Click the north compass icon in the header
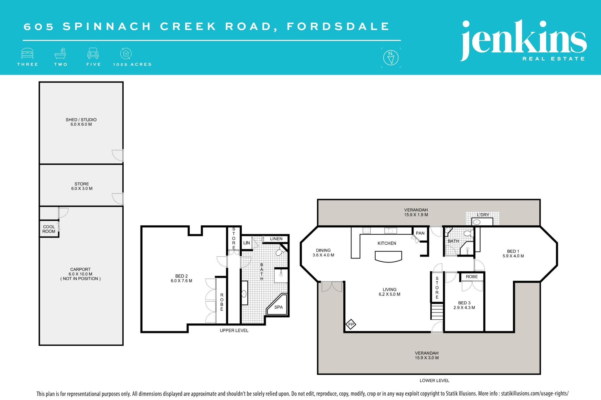click(x=391, y=57)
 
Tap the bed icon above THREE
click(x=27, y=53)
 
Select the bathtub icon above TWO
click(x=60, y=53)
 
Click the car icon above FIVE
click(x=93, y=53)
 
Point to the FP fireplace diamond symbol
click(x=351, y=324)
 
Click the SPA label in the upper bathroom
click(x=278, y=307)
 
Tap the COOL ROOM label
click(x=49, y=229)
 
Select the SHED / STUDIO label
click(x=81, y=120)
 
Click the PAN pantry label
click(x=420, y=233)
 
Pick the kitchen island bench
click(x=388, y=257)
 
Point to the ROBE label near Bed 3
click(x=472, y=277)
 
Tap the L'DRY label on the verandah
click(x=483, y=215)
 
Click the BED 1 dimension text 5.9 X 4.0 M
click(x=513, y=256)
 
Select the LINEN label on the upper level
click(x=276, y=239)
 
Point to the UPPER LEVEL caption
click(x=234, y=330)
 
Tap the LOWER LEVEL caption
click(x=434, y=380)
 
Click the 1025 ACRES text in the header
click(x=132, y=64)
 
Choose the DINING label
click(x=323, y=250)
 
